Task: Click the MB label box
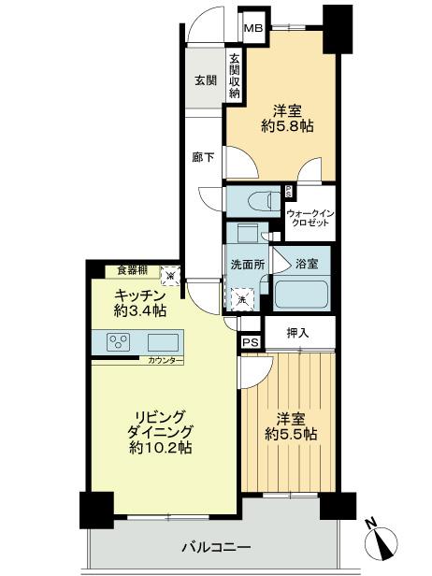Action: [x=253, y=28]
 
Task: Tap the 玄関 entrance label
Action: [x=206, y=80]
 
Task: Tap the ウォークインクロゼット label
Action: [x=310, y=219]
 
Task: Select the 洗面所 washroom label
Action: [x=247, y=265]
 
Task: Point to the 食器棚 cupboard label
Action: [x=132, y=270]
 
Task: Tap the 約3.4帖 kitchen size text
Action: [x=137, y=310]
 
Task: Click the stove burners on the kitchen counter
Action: [x=120, y=340]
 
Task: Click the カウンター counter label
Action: [x=160, y=359]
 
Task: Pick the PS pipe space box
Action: [x=250, y=342]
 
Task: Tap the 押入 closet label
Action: [x=297, y=333]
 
